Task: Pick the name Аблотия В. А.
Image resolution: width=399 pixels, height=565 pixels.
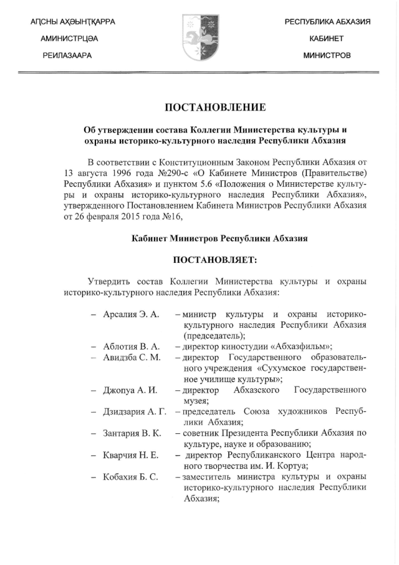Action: tap(132, 346)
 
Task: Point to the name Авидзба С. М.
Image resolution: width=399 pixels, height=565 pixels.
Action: tap(132, 357)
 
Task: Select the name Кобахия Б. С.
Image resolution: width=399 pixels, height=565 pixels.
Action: tap(130, 477)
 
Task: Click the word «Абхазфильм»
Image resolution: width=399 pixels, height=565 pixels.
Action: tap(297, 346)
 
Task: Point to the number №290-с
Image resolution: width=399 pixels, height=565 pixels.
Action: tap(177, 172)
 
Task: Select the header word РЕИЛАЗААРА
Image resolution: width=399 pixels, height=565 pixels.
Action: tap(67, 56)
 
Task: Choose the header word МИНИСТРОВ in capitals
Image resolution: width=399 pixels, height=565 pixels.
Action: tap(327, 56)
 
